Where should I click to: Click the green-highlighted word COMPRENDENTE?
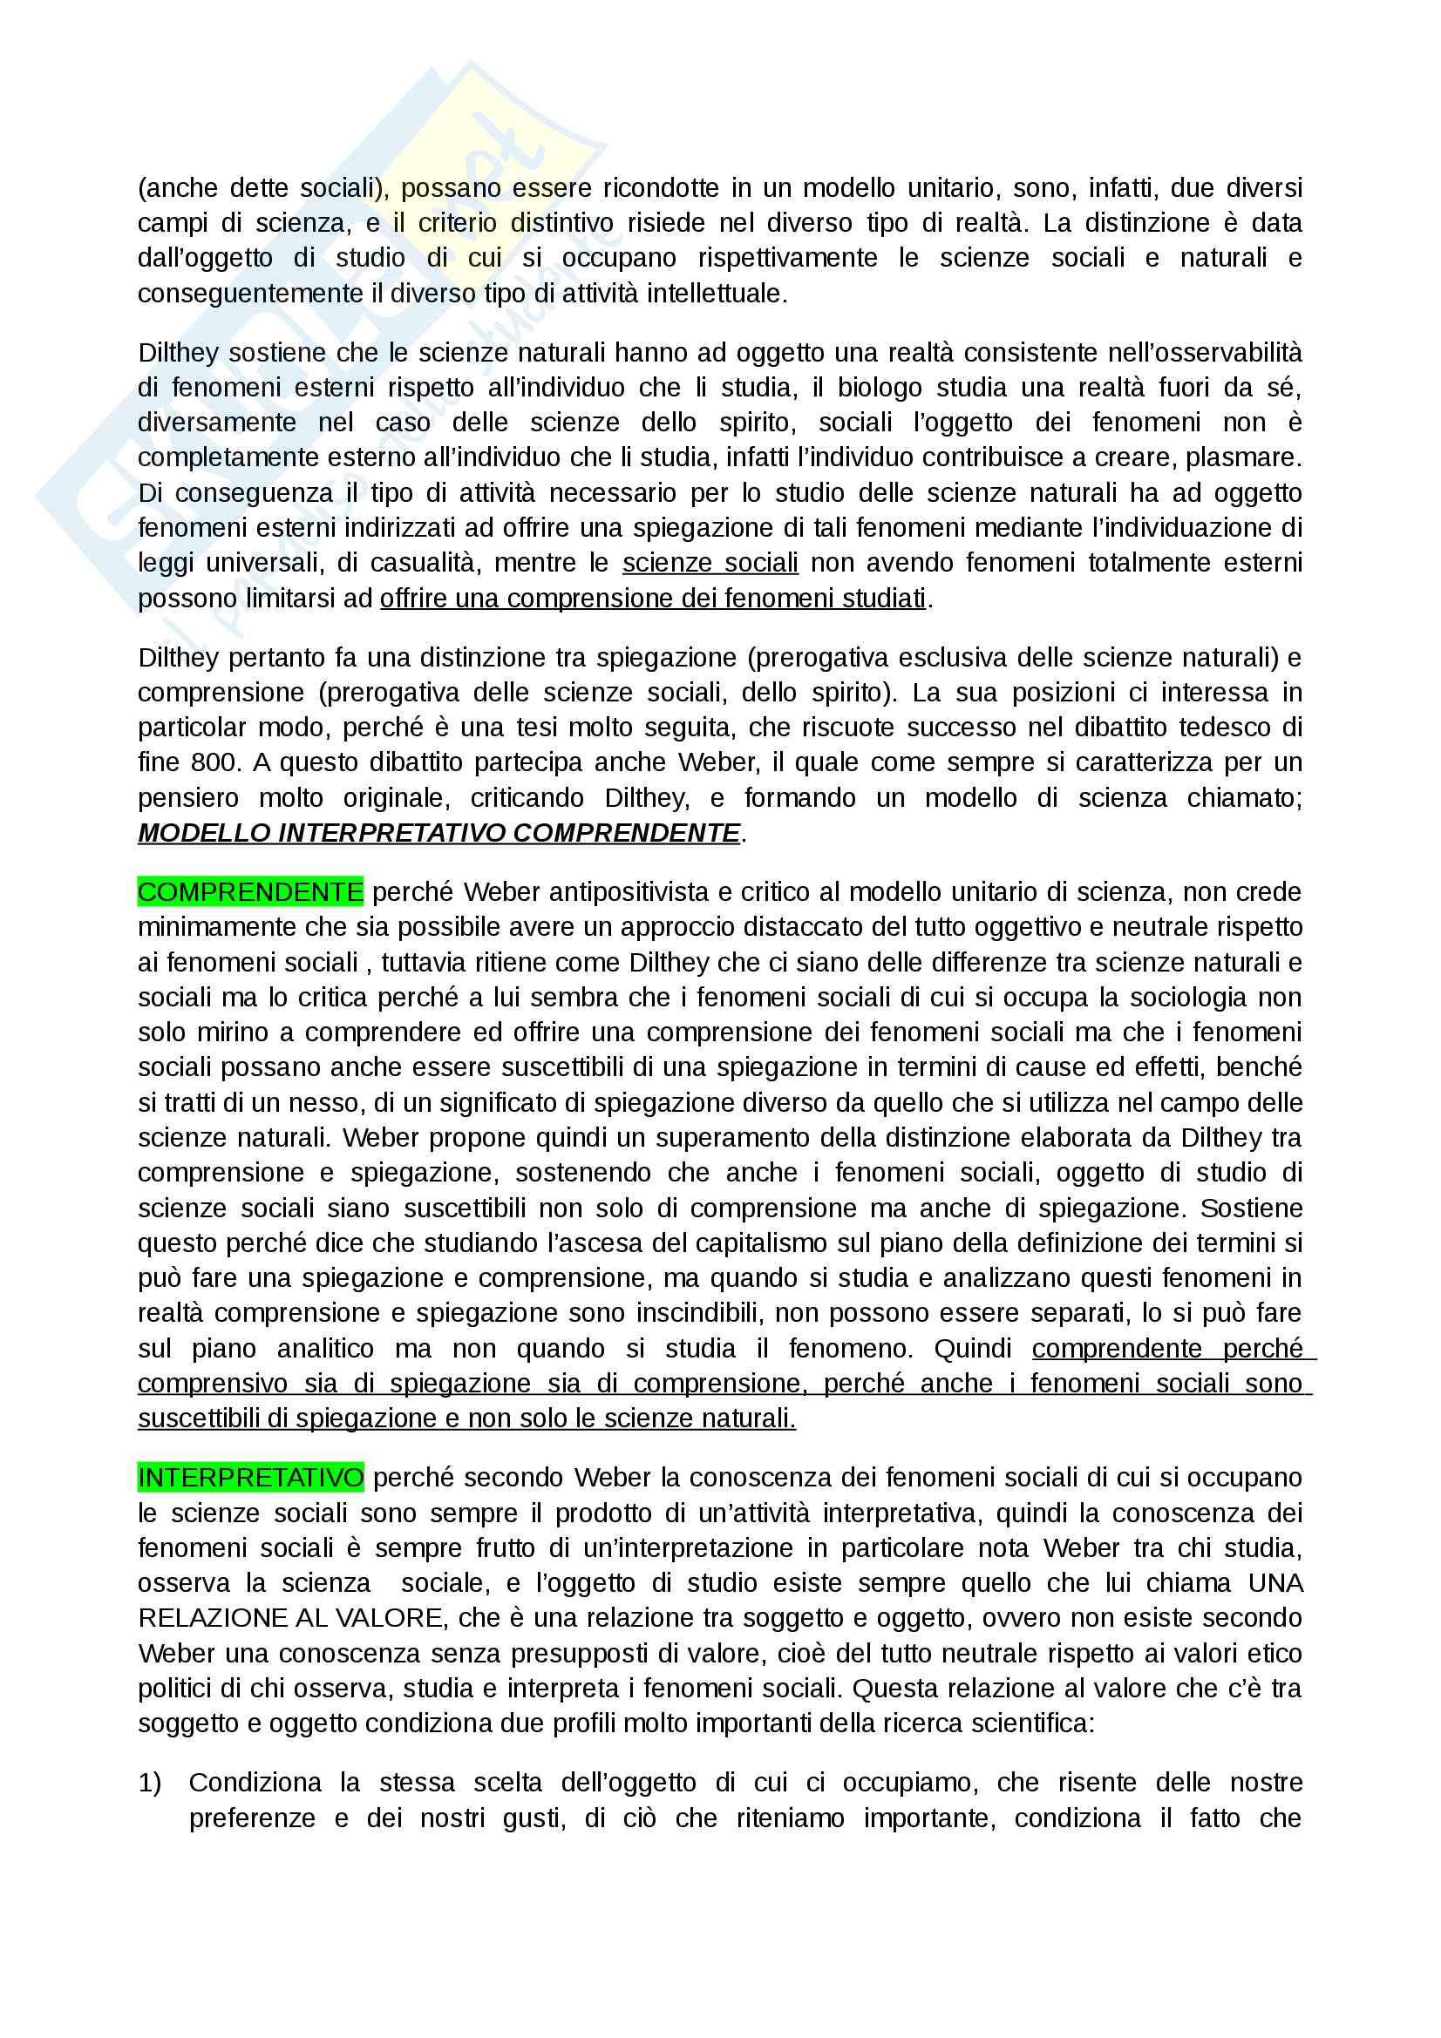pos(250,892)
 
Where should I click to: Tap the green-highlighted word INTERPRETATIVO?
pos(250,1477)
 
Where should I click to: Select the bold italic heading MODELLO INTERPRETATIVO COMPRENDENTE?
pos(438,833)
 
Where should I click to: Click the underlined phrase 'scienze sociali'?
pos(710,563)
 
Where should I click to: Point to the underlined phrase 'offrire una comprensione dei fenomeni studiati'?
pos(653,599)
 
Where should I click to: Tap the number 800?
pos(211,762)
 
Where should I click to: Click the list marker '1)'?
pos(150,1783)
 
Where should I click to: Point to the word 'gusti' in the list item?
pos(532,1818)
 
